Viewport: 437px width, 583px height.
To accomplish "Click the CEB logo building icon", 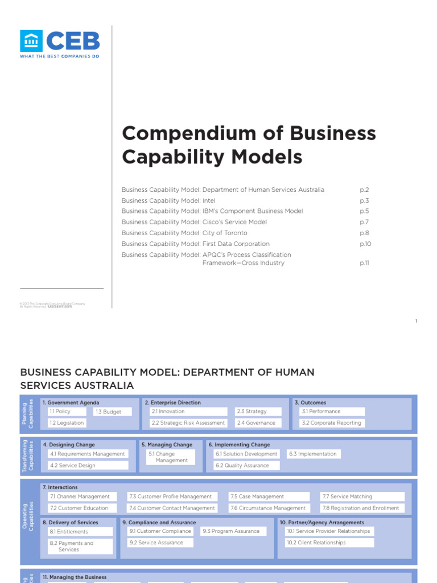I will click(31, 41).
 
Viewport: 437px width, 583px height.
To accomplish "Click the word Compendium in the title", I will click(183, 133).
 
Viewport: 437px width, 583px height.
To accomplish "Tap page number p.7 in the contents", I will click(365, 222).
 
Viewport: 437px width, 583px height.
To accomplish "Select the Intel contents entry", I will click(166, 200).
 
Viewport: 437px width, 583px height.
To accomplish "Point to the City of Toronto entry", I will click(184, 233).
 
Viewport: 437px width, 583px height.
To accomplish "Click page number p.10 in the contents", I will click(365, 244).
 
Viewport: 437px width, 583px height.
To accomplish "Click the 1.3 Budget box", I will click(113, 412).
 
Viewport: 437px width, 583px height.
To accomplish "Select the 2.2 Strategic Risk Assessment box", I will click(188, 423).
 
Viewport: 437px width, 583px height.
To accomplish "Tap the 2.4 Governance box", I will click(256, 423).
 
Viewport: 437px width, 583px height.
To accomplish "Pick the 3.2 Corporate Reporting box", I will click(332, 423).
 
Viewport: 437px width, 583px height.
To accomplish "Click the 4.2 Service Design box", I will click(88, 465).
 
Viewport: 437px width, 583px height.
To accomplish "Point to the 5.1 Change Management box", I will click(170, 457).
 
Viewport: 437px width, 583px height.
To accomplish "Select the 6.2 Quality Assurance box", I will click(246, 465).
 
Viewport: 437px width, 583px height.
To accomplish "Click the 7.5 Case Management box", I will click(269, 496).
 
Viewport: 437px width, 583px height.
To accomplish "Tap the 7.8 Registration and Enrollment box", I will click(362, 508).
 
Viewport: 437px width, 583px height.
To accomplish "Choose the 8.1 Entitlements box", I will click(80, 532).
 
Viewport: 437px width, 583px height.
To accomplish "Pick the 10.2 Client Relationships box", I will click(329, 543).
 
